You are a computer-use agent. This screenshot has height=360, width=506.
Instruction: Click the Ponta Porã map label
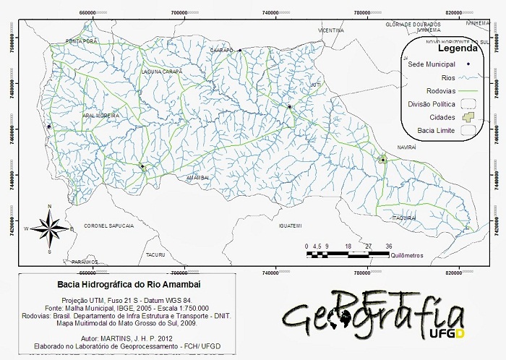(x=81, y=42)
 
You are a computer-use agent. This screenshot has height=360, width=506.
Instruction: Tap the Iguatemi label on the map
(x=289, y=226)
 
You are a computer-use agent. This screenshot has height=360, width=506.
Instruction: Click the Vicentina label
(x=330, y=31)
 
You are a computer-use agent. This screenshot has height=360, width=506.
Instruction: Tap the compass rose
(x=49, y=230)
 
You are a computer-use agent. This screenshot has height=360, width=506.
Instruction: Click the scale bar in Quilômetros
(x=348, y=254)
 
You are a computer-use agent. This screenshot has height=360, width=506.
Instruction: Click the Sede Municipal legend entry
(x=431, y=64)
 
